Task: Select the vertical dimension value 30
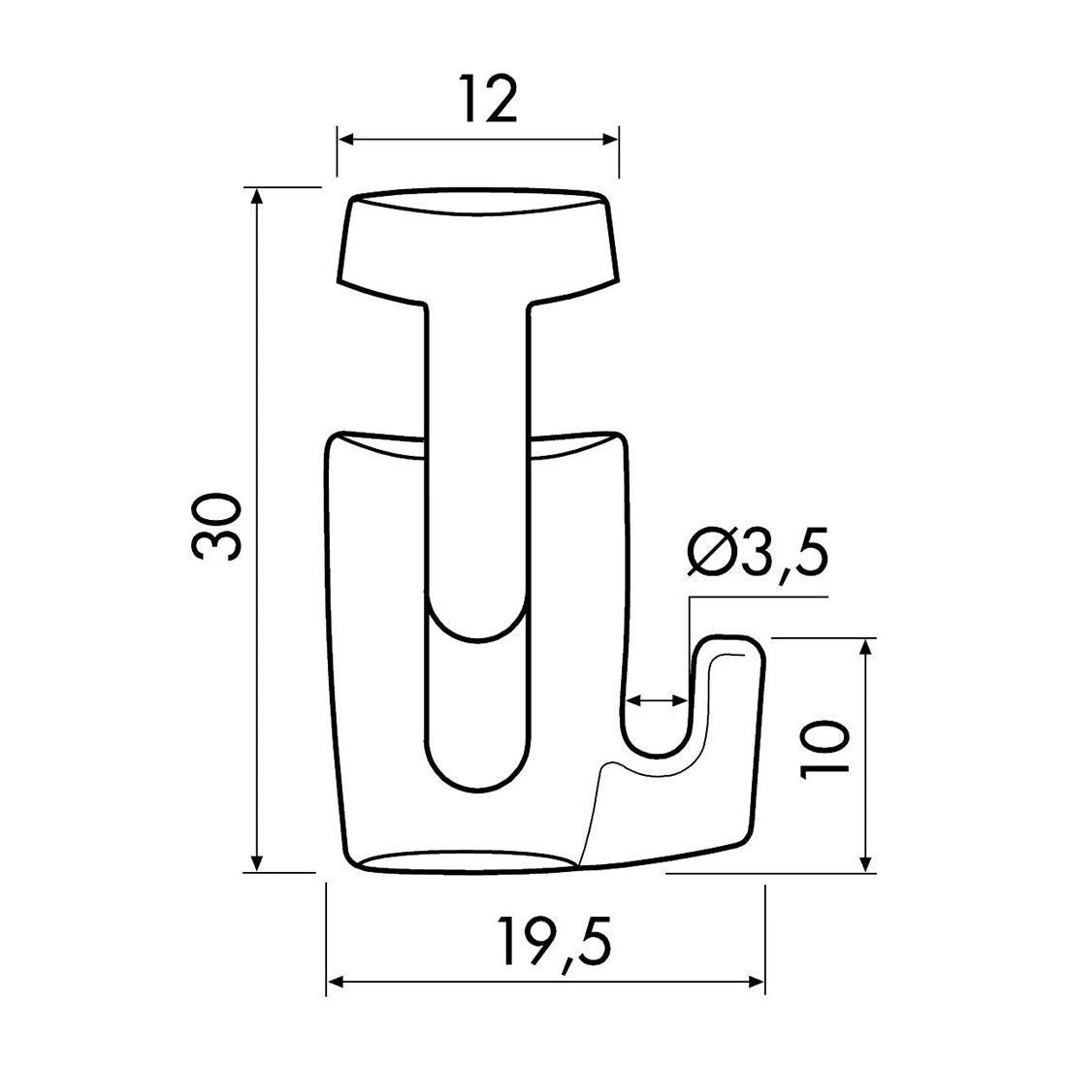click(x=215, y=528)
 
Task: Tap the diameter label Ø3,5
click(x=758, y=554)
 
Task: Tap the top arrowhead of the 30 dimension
click(x=257, y=195)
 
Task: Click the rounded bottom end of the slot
click(x=476, y=771)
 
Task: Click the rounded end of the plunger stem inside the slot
click(x=476, y=621)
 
